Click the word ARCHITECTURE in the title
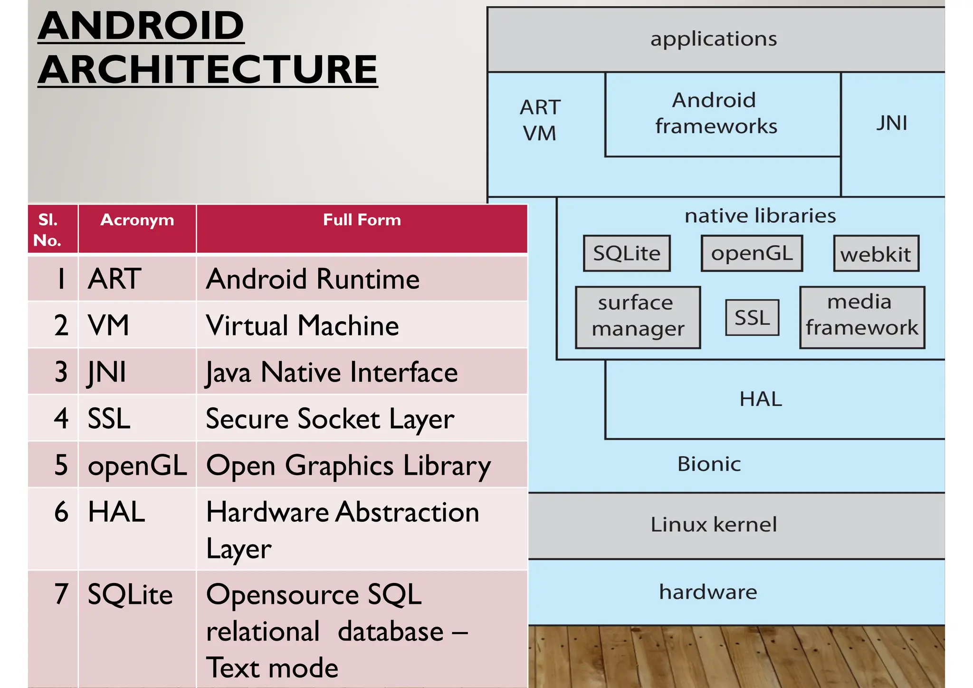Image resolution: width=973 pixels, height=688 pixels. [x=208, y=69]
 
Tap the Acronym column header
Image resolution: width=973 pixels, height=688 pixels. [x=137, y=220]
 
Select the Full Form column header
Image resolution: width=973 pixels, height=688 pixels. [x=362, y=220]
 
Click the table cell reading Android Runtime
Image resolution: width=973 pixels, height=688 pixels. [x=313, y=279]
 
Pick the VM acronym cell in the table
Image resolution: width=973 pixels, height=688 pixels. [x=109, y=325]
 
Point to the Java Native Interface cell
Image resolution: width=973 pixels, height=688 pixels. [x=332, y=372]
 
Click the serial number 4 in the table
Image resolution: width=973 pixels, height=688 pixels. [x=61, y=419]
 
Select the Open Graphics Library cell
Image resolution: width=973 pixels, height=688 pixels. [x=348, y=465]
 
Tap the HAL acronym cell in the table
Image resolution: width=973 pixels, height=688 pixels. [x=116, y=512]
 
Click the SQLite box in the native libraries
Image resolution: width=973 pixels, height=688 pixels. [x=627, y=253]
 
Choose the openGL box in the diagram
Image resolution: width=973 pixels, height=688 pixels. [x=752, y=253]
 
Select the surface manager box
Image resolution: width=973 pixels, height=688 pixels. [x=638, y=316]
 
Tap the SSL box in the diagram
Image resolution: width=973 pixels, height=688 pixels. [x=752, y=317]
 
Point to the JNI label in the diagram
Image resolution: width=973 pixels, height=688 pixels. [x=891, y=124]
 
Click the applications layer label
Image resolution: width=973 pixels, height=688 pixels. [x=713, y=39]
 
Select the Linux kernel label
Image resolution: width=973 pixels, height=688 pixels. [x=713, y=525]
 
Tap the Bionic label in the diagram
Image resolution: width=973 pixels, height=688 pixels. [x=709, y=464]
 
